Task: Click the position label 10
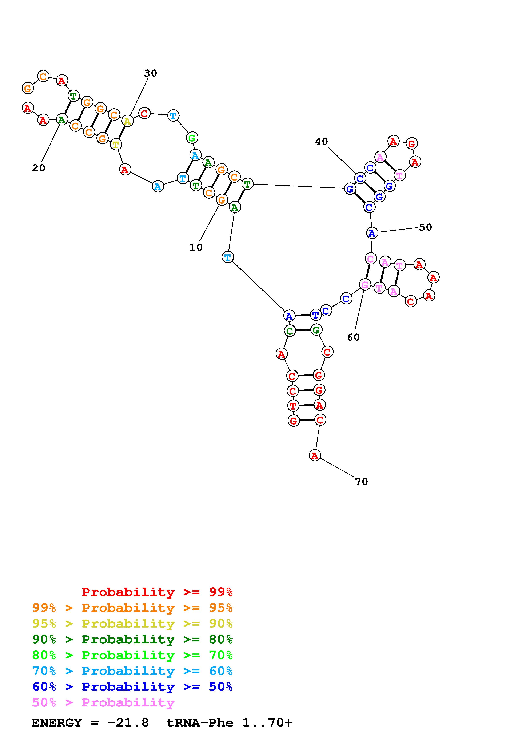point(196,247)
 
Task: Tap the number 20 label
point(39,168)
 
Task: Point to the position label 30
point(150,73)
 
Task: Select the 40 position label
point(321,141)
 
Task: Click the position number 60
point(353,337)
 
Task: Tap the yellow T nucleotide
point(115,145)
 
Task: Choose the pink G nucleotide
point(365,285)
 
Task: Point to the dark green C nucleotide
point(290,331)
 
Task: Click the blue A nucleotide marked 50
point(372,233)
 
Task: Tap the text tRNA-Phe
point(200,723)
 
